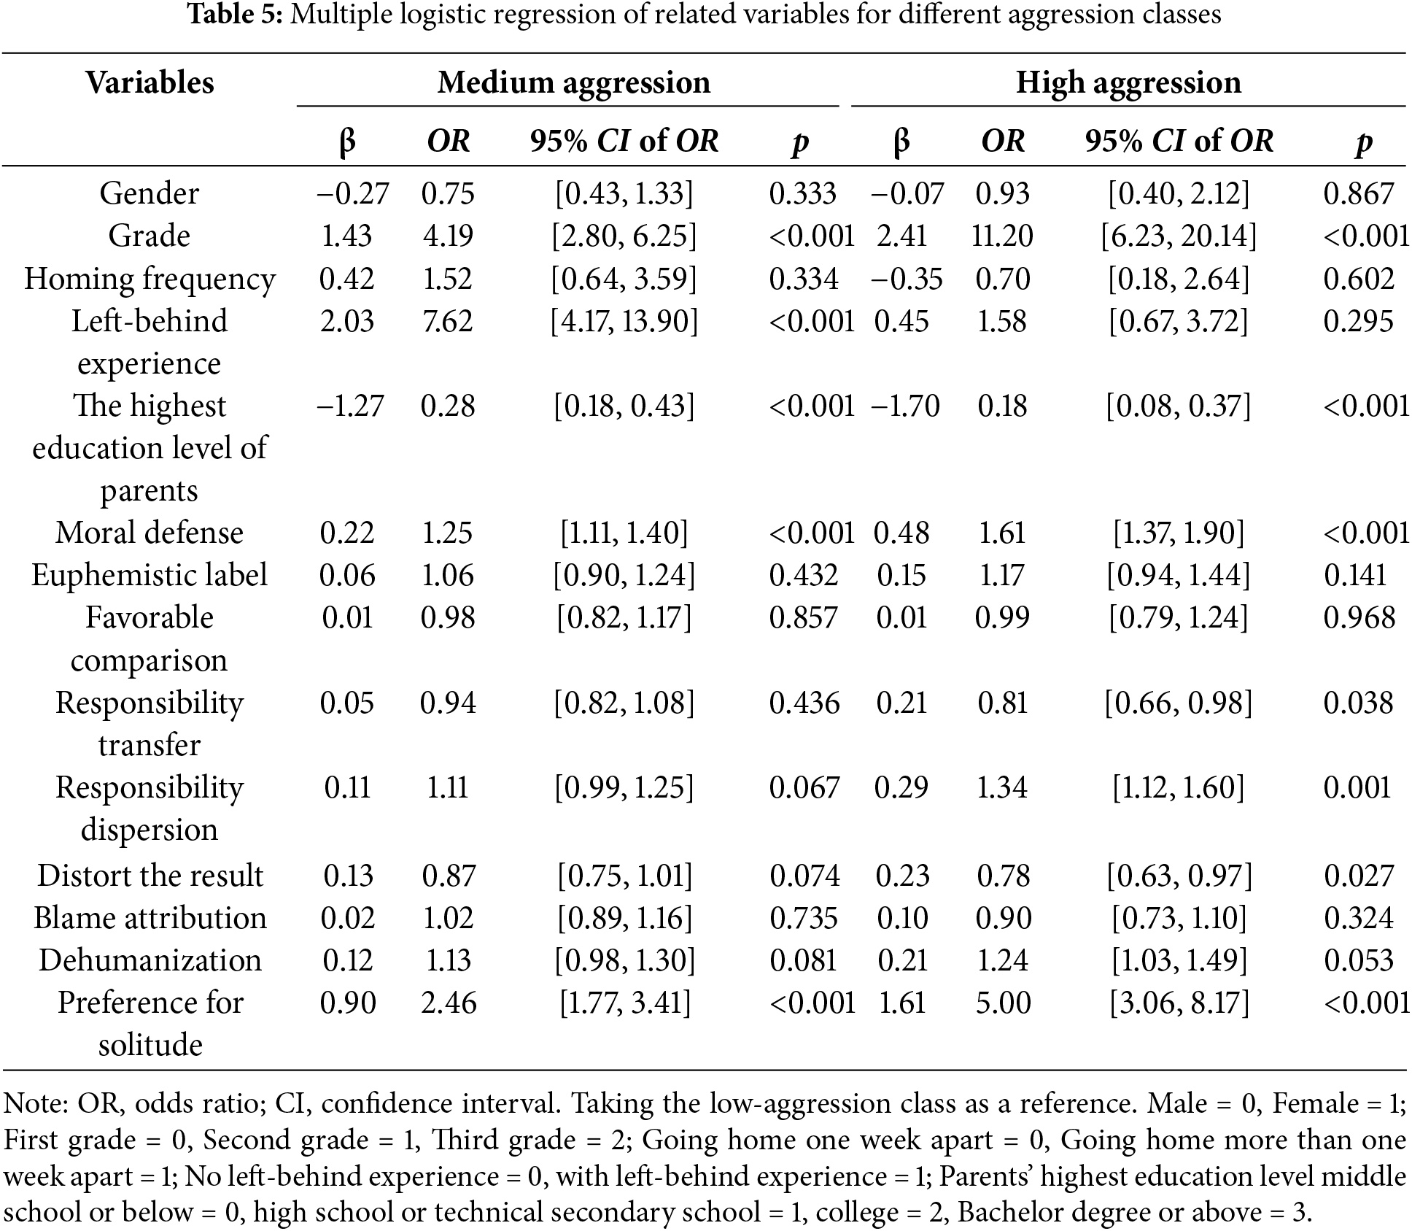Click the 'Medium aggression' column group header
[573, 82]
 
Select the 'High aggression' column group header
[1128, 82]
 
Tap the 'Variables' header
[150, 82]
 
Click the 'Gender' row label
[150, 193]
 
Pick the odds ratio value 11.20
[1002, 236]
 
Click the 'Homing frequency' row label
[150, 279]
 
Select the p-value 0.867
[1359, 193]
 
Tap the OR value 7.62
[448, 321]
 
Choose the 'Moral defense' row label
[150, 533]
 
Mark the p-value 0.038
[1359, 703]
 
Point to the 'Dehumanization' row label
[150, 960]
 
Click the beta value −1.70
[905, 406]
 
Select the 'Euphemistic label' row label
[150, 575]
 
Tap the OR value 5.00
[1003, 1002]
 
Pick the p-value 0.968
[1359, 617]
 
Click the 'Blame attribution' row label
[150, 917]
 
